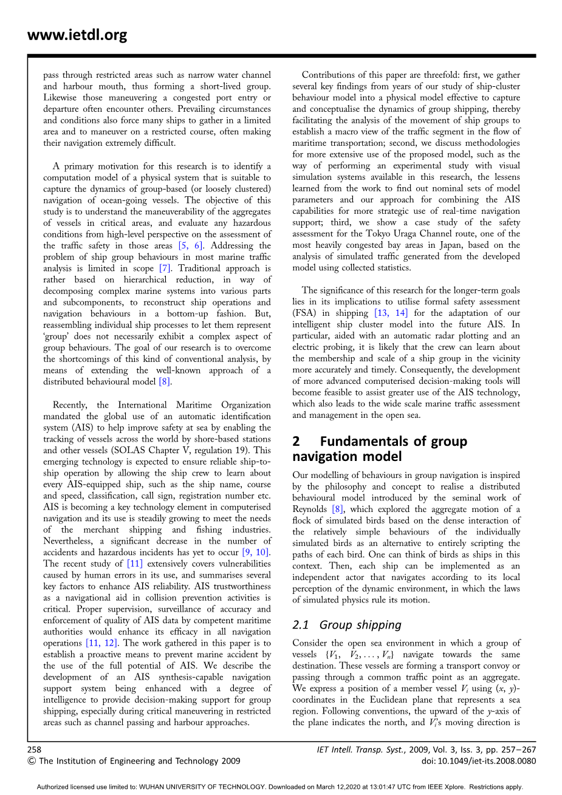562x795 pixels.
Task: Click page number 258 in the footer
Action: click(x=35, y=749)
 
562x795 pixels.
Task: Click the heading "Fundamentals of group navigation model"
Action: click(x=380, y=449)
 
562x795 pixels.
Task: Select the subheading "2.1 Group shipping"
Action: click(x=347, y=625)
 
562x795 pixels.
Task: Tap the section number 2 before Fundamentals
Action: click(x=296, y=442)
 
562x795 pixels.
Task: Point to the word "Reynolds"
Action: click(x=310, y=510)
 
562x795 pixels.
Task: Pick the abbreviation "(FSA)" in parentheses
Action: click(x=304, y=313)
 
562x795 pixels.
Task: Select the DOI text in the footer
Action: click(x=479, y=761)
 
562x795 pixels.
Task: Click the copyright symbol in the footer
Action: click(x=32, y=761)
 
